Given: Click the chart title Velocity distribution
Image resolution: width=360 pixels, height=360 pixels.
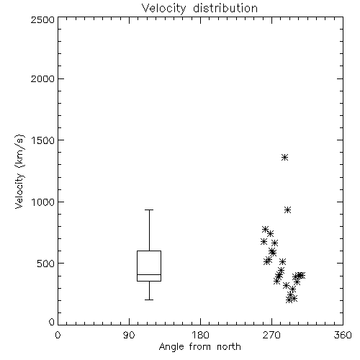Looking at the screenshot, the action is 199,9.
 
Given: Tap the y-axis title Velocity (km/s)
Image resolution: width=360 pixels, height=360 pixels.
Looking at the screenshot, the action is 19,171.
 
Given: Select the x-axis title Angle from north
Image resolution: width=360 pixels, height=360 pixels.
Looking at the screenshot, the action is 199,347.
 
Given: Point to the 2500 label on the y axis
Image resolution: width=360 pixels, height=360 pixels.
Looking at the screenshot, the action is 42,19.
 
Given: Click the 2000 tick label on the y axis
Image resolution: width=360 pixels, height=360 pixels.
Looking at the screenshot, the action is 42,78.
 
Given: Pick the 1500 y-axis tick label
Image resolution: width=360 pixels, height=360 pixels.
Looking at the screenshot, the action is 43,140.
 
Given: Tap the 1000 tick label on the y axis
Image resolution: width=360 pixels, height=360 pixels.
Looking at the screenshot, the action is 43,202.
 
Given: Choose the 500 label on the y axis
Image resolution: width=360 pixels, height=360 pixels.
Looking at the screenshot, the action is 46,264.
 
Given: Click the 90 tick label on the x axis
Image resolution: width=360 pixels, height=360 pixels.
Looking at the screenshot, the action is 129,335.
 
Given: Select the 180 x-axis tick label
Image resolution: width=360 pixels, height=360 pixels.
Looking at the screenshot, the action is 200,335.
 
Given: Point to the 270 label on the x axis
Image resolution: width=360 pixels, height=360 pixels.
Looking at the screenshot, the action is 271,335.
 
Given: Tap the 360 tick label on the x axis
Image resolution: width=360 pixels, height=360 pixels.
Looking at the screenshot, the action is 343,335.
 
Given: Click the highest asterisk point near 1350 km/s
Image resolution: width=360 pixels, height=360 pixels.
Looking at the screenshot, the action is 284,158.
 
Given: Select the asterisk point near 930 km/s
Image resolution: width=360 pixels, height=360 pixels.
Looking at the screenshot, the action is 288,210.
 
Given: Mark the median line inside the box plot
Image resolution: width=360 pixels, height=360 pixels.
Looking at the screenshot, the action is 149,274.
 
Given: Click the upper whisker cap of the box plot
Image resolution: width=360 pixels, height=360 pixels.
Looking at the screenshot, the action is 149,210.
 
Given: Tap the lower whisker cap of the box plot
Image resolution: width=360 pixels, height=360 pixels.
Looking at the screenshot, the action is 149,300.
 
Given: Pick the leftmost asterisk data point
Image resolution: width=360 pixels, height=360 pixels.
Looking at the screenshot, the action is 264,241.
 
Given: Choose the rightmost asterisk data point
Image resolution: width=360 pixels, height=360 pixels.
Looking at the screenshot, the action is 302,275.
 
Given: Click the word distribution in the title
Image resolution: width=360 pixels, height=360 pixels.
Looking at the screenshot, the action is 225,9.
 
